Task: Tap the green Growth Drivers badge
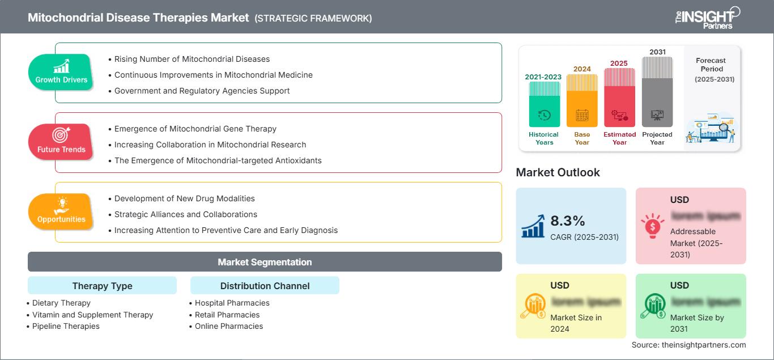(x=61, y=73)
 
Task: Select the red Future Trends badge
(x=61, y=142)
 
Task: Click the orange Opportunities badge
(x=61, y=212)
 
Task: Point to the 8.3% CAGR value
(x=568, y=221)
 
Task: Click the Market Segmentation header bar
(x=265, y=262)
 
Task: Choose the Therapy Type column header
(x=102, y=286)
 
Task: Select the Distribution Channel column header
(x=265, y=286)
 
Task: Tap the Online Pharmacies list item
(x=228, y=326)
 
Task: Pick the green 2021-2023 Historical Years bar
(x=544, y=105)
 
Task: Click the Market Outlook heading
(x=558, y=172)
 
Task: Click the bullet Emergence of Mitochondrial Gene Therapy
(x=195, y=129)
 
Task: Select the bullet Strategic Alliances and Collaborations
(x=185, y=214)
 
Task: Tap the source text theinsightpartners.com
(x=688, y=345)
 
